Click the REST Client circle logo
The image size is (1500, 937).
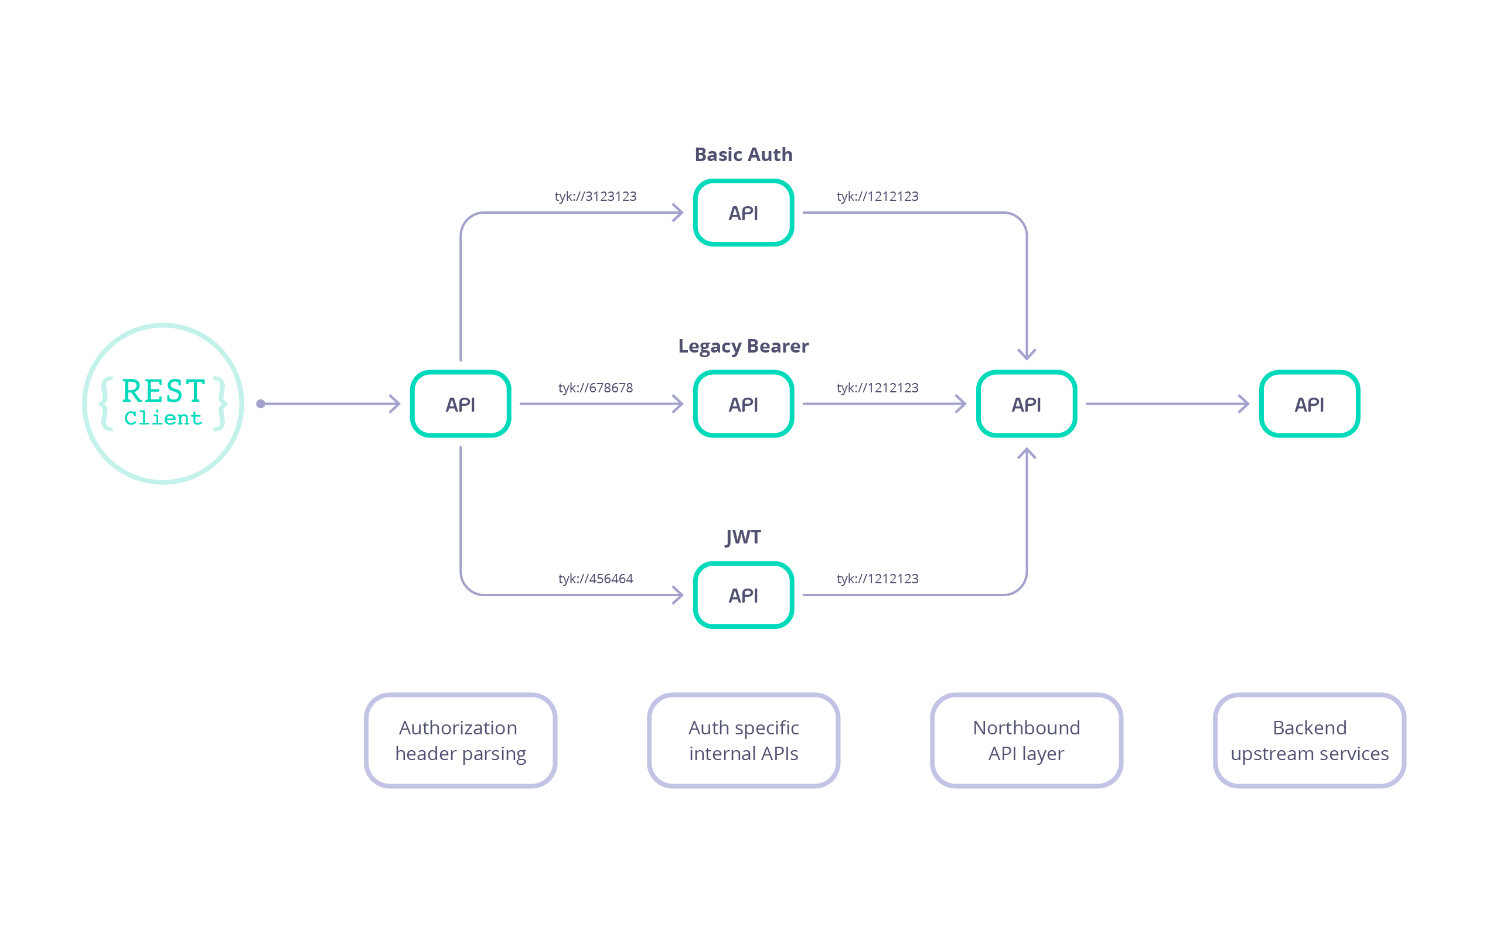(x=163, y=403)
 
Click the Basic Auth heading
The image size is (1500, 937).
(x=743, y=154)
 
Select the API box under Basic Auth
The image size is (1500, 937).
(x=743, y=213)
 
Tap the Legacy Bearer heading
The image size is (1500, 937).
(x=743, y=346)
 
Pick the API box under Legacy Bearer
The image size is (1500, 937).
(x=743, y=404)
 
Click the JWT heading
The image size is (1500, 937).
(x=743, y=536)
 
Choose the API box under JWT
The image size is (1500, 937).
(x=743, y=595)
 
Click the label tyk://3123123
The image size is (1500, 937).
(x=595, y=196)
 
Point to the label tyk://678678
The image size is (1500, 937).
(x=595, y=388)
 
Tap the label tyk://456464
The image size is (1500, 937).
(x=595, y=579)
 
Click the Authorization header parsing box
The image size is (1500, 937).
(x=461, y=740)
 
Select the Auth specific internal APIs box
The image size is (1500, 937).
(x=743, y=740)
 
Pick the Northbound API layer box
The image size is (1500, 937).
(x=1027, y=740)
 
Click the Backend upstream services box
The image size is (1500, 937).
(x=1309, y=740)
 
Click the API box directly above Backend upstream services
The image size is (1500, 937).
(x=1309, y=404)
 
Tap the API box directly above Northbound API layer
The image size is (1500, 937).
(x=1027, y=404)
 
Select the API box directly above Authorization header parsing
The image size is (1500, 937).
(x=461, y=404)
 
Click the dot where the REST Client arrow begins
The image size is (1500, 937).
(x=261, y=404)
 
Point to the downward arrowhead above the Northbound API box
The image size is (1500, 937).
(x=1027, y=354)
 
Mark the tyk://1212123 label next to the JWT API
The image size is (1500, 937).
(x=877, y=579)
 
